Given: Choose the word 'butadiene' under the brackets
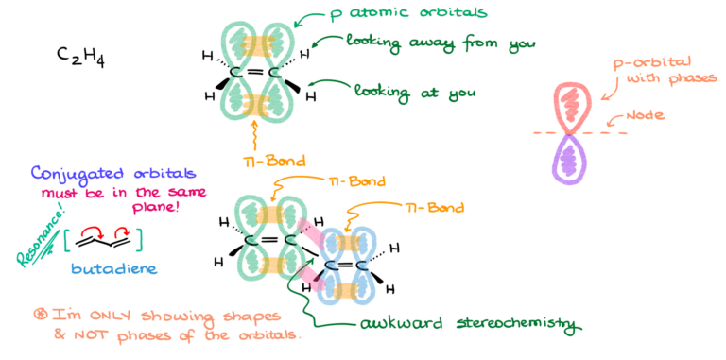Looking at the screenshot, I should tap(112, 268).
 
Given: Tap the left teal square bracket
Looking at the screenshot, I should tap(65, 241).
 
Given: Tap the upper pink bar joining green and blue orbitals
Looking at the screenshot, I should tap(311, 230).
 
